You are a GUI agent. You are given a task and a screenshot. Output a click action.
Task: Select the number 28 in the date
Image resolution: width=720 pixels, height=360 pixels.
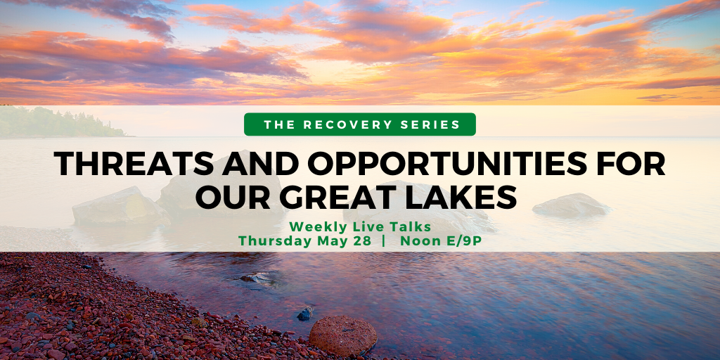tap(363, 241)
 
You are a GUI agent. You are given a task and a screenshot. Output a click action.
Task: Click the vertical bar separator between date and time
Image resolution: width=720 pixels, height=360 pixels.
tap(384, 242)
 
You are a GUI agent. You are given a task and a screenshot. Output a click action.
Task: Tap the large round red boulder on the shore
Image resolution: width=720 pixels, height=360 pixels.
tap(342, 335)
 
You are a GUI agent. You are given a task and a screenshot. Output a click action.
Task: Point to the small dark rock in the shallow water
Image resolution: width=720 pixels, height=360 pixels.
tap(305, 314)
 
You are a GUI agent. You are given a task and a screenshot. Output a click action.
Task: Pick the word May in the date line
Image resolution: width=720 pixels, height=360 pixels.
tap(333, 242)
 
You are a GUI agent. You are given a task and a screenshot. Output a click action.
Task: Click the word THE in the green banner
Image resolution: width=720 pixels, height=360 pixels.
tap(281, 124)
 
